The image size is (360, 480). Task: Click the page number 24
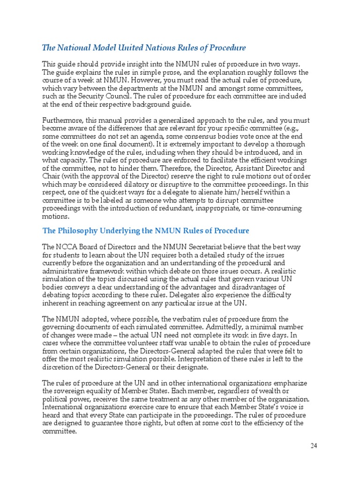point(314,446)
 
